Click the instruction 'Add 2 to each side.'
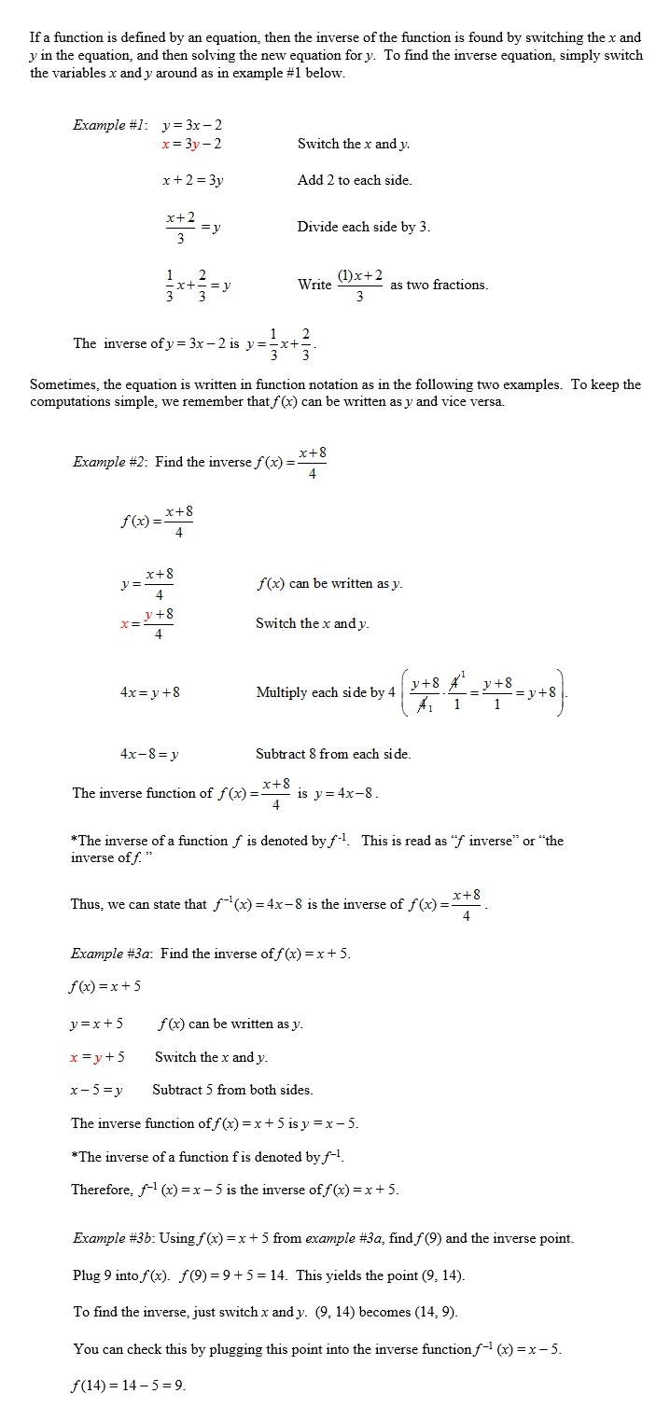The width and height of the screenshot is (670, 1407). [x=355, y=180]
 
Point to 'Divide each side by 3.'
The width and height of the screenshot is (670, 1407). [x=364, y=227]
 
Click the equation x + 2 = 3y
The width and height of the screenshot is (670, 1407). [x=192, y=180]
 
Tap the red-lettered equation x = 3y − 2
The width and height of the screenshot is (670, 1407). [x=191, y=144]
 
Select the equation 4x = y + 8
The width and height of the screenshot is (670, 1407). [x=150, y=692]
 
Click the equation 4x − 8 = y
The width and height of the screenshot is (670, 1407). [x=150, y=754]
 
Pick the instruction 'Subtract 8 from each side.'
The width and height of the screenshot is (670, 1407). [x=333, y=754]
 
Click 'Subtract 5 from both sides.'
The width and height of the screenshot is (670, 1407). [x=232, y=1090]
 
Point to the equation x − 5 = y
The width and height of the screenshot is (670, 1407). [x=97, y=1090]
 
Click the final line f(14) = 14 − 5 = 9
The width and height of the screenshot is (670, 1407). [x=129, y=1386]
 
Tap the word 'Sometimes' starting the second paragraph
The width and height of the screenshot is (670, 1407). [x=61, y=384]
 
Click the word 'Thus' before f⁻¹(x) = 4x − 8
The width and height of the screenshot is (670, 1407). [x=85, y=904]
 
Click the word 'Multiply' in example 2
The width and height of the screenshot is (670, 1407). [x=281, y=692]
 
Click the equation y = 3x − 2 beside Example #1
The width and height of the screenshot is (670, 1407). [x=192, y=125]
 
